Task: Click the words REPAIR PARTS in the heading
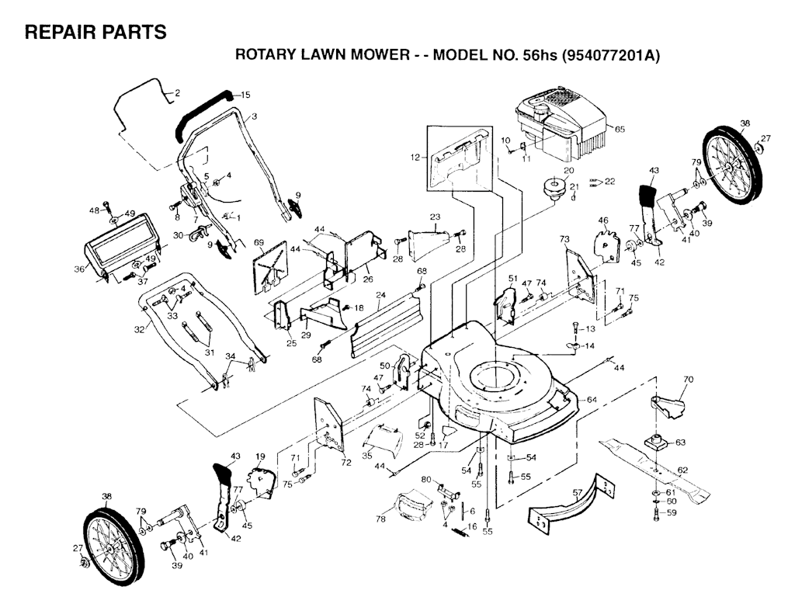pos(95,33)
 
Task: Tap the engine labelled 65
pos(563,124)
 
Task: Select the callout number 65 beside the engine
pos(620,128)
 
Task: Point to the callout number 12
pos(415,158)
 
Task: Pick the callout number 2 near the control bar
pos(176,93)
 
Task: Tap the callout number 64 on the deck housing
pos(592,399)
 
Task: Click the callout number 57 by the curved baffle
pos(577,492)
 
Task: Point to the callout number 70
pos(687,380)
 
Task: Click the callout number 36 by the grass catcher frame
pos(78,269)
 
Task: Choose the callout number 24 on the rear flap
pos(380,294)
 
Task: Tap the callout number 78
pos(380,518)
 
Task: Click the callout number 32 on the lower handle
pos(140,329)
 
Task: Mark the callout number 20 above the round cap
pos(568,170)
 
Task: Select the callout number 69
pos(259,244)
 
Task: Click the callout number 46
pos(603,220)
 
